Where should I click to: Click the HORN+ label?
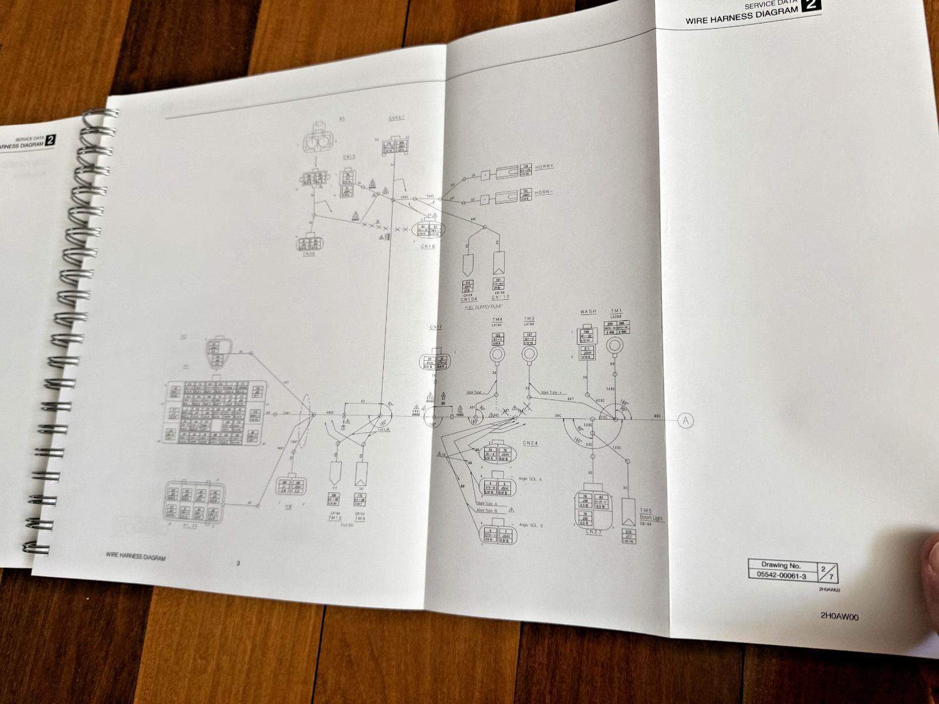coord(545,167)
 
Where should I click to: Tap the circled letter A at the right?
coord(685,419)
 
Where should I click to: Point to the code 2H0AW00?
coord(841,616)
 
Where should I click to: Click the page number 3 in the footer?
coord(238,564)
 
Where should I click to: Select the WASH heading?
coord(588,312)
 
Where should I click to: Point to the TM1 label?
coord(616,311)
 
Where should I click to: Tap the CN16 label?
coord(428,246)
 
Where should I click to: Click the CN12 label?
coord(435,327)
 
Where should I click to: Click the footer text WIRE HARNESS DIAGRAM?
coord(136,557)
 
